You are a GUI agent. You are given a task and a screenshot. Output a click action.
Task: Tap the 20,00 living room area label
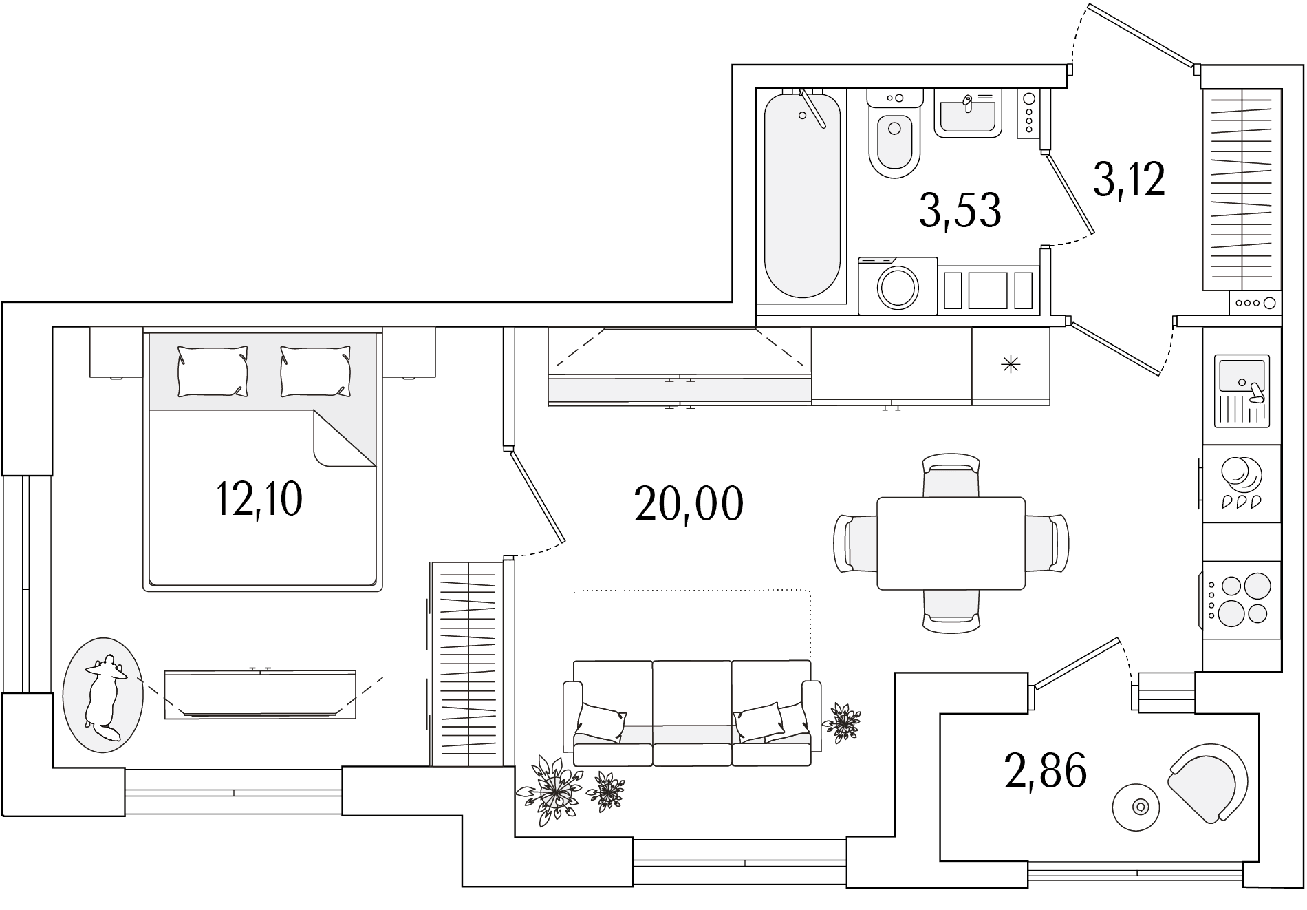coord(689,504)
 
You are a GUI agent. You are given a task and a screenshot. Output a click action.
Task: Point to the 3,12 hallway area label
coord(1129,180)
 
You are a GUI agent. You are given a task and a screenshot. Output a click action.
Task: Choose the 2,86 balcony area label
coord(1046,770)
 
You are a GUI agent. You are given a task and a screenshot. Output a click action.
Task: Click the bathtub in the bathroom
coord(803,195)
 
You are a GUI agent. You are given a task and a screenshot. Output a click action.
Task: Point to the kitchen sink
coord(1242,390)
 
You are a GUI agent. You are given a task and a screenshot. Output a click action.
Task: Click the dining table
coord(951,543)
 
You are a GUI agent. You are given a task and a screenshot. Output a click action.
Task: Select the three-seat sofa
coord(692,713)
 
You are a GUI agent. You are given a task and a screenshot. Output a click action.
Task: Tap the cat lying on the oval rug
coord(104,696)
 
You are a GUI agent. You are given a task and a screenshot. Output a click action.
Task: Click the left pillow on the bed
coord(213,372)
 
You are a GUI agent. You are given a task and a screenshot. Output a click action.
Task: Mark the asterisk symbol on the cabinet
coord(1010,365)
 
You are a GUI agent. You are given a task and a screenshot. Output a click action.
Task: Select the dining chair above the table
coord(951,474)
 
